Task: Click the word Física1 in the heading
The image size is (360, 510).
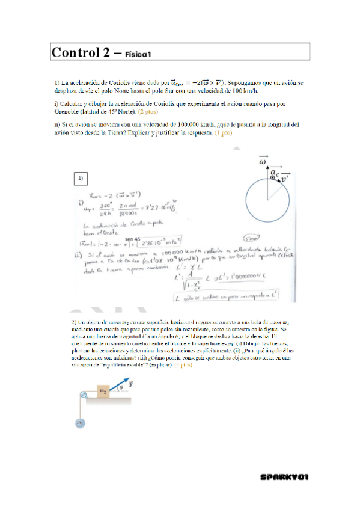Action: point(138,55)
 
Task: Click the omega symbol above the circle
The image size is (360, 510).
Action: point(263,161)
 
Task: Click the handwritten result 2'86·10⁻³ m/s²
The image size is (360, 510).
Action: point(162,245)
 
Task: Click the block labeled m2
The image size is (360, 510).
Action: point(103,391)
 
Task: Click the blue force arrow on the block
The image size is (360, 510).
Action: point(119,385)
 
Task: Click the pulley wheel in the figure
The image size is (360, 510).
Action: point(81,395)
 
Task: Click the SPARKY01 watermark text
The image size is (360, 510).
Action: point(285,476)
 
